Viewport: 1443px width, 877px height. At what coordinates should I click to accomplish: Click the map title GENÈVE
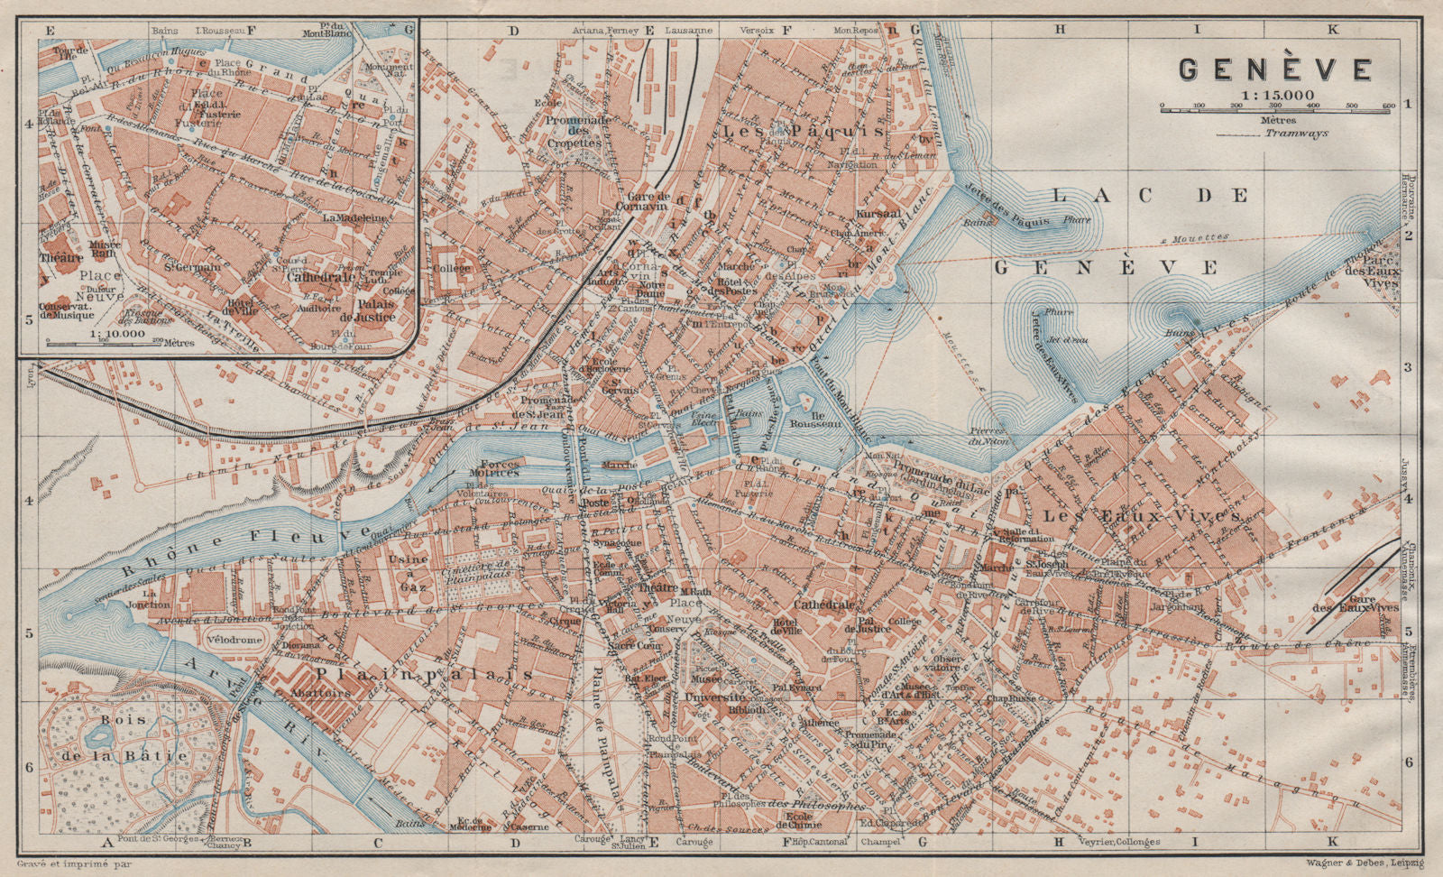pos(1275,69)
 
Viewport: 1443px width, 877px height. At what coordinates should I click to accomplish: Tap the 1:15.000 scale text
pos(1275,94)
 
